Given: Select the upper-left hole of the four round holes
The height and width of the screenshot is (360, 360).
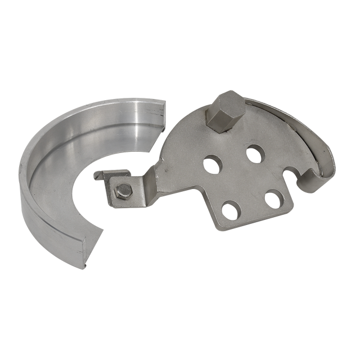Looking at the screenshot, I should tap(213, 164).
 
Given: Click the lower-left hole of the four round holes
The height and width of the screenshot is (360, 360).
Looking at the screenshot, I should tap(231, 210).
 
